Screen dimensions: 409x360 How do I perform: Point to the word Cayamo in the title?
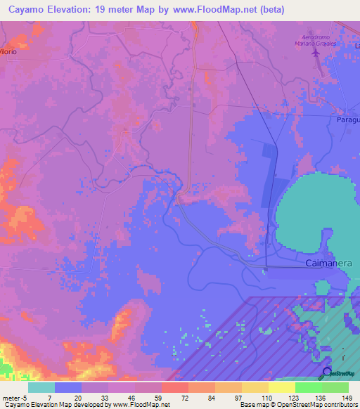coord(24,10)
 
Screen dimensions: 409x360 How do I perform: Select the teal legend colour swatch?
coord(41,387)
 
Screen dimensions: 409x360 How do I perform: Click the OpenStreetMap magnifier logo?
coord(327,372)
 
